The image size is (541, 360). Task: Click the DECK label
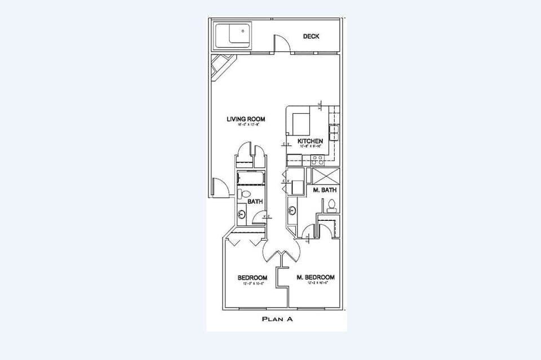(x=311, y=37)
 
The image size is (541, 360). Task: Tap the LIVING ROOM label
(x=246, y=119)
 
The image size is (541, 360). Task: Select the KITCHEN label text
(x=310, y=141)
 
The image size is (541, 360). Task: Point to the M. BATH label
(x=325, y=190)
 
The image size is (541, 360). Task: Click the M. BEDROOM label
(x=316, y=277)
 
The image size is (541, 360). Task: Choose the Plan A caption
(x=277, y=319)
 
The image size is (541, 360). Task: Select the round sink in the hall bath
(x=242, y=214)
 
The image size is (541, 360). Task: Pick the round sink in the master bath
(x=292, y=211)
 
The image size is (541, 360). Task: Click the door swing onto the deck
(x=282, y=43)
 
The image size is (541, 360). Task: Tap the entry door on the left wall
(x=220, y=188)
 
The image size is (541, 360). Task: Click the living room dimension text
(x=246, y=125)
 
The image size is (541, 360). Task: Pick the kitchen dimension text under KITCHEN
(x=310, y=146)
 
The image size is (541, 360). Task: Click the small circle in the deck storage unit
(x=243, y=31)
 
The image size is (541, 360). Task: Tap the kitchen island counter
(x=300, y=122)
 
